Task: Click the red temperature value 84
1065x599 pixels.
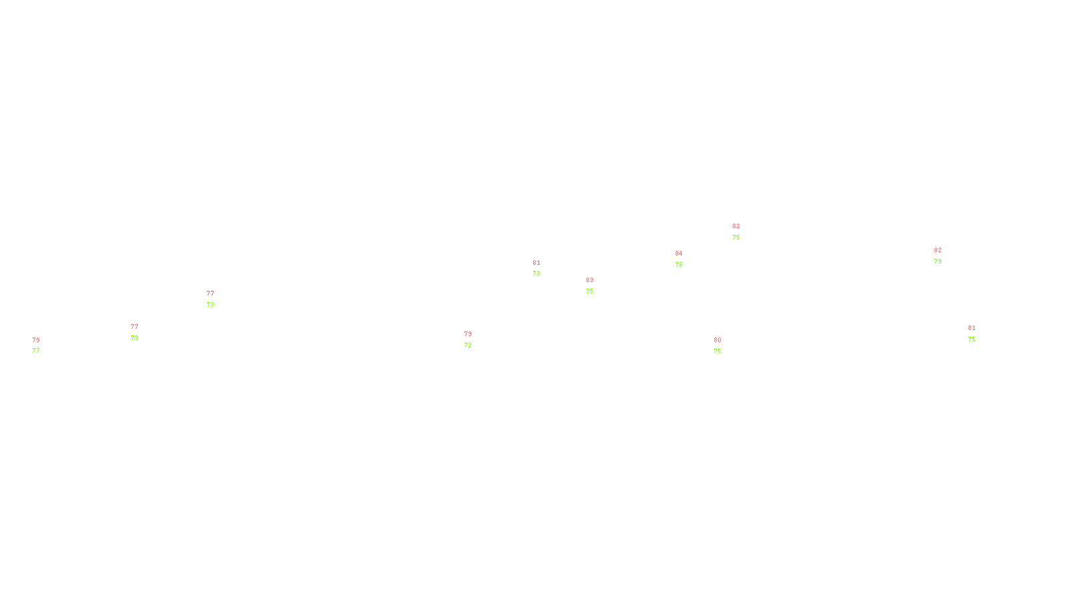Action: click(x=678, y=254)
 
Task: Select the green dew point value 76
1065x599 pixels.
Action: click(x=678, y=265)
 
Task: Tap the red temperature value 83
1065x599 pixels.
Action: click(x=589, y=280)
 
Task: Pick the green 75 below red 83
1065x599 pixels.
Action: click(x=589, y=292)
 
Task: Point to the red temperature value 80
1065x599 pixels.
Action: click(x=717, y=340)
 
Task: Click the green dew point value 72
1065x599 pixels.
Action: click(x=467, y=345)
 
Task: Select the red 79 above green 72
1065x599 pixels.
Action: click(x=467, y=334)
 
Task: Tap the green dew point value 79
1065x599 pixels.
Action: click(x=937, y=262)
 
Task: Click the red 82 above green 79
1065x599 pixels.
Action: click(x=937, y=250)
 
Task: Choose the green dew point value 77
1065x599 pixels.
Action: click(x=35, y=351)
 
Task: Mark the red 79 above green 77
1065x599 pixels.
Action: click(x=35, y=340)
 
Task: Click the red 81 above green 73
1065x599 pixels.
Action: click(x=536, y=263)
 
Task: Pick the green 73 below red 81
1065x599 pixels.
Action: click(x=536, y=274)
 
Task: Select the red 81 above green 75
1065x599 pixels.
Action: click(x=971, y=328)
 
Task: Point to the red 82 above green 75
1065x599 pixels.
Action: click(x=736, y=226)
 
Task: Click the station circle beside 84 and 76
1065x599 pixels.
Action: click(x=686, y=259)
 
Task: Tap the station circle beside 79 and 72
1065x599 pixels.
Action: click(x=475, y=339)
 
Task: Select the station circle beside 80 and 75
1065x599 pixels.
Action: click(x=724, y=345)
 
